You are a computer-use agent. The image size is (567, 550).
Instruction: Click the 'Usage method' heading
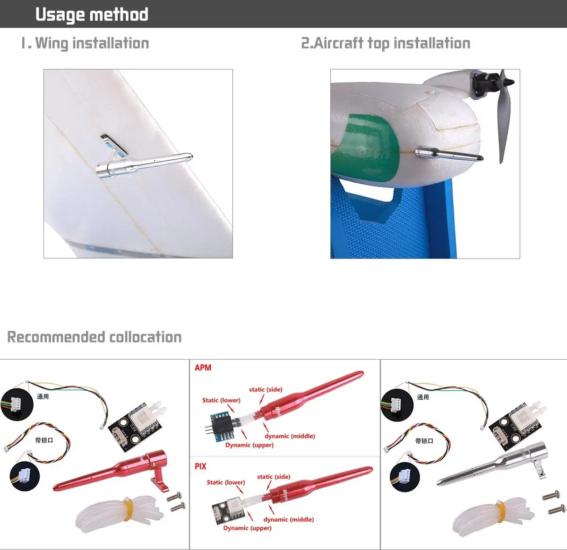click(92, 15)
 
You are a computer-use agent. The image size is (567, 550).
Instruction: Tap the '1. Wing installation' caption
click(85, 43)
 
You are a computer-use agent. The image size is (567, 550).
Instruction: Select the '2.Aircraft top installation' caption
click(386, 43)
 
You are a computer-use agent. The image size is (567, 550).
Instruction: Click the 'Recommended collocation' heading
click(94, 337)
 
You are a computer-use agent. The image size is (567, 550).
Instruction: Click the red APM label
click(203, 368)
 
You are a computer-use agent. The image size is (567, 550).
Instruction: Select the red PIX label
click(200, 466)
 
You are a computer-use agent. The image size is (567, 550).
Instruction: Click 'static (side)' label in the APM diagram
click(266, 389)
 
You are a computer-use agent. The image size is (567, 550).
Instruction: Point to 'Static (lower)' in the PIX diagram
click(226, 482)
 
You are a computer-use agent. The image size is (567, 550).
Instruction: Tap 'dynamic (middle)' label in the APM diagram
click(290, 436)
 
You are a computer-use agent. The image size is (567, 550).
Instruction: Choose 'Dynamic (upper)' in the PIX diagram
click(247, 528)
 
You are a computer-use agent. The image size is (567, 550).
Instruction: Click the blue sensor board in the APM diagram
click(221, 422)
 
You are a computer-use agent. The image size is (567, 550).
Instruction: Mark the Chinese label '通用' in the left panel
click(43, 396)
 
